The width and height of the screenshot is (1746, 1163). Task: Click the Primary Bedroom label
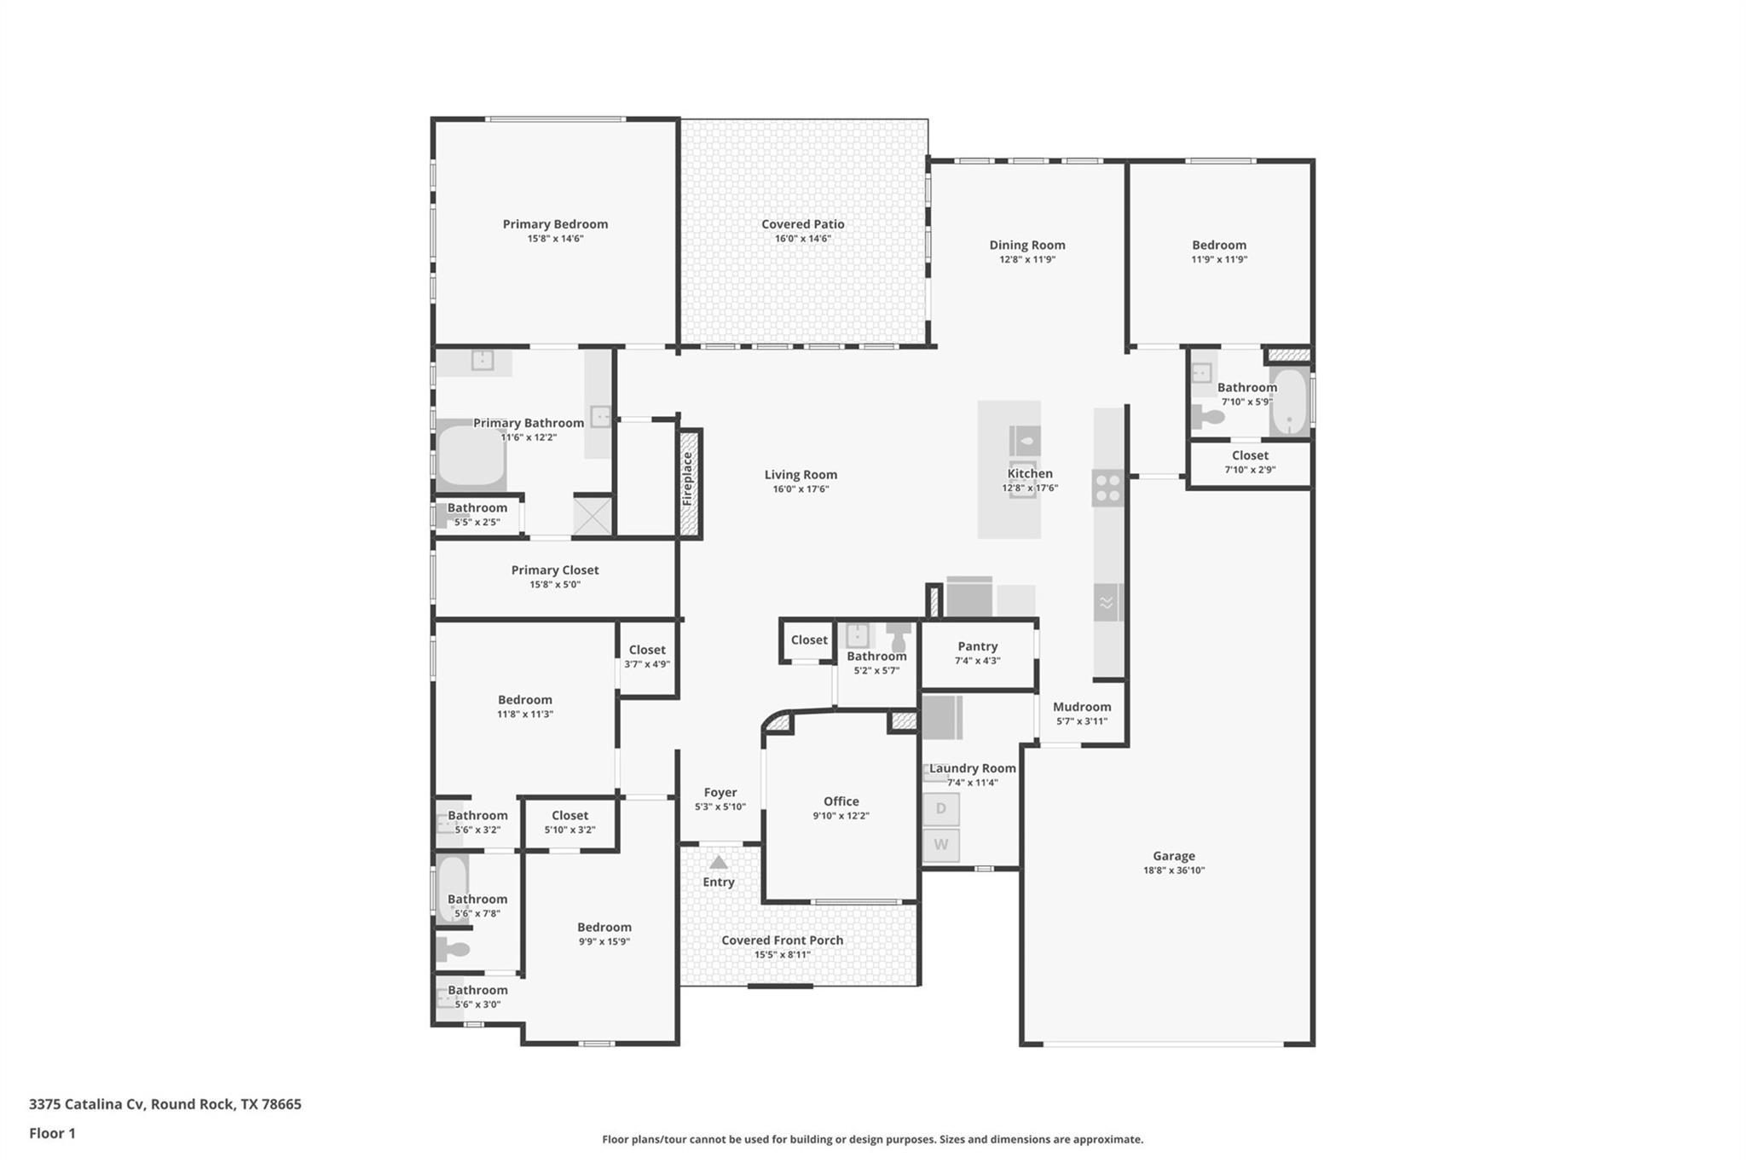[x=555, y=224]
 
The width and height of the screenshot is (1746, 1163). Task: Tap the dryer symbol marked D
[x=941, y=808]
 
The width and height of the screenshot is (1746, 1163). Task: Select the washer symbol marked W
[x=941, y=845]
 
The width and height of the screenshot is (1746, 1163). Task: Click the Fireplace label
[x=688, y=479]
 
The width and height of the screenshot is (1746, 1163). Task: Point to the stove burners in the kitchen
[x=1107, y=489]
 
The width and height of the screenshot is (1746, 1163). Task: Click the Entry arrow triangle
[x=719, y=862]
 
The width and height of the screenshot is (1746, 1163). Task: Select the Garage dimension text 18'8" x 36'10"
[x=1174, y=871]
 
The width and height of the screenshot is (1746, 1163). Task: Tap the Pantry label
[x=977, y=646]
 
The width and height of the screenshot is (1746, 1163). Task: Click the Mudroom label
[x=1082, y=707]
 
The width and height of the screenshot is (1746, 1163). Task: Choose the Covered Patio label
[x=802, y=224]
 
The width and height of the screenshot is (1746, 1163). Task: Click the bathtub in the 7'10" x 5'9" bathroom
[x=1290, y=402]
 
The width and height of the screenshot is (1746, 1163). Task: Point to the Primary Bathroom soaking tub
[x=471, y=456]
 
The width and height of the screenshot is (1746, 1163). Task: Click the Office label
[x=841, y=801]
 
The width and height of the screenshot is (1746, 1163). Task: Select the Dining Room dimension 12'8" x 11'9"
[x=1027, y=259]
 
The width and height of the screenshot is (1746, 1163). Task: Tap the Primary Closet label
[x=555, y=570]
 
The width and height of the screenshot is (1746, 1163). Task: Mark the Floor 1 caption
[x=52, y=1133]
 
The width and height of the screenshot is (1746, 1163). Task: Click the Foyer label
[x=720, y=793]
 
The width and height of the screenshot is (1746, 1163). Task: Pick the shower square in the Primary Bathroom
[x=593, y=516]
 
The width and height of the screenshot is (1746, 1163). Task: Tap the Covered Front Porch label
[x=782, y=940]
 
